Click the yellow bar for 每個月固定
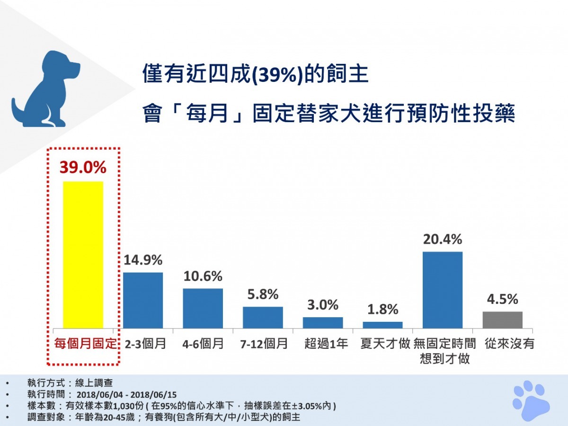pyautogui.click(x=83, y=255)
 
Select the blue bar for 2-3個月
pyautogui.click(x=143, y=300)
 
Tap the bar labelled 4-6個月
pyautogui.click(x=203, y=308)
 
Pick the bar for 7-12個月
pyautogui.click(x=263, y=318)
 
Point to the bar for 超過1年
pyautogui.click(x=323, y=323)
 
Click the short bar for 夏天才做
pyautogui.click(x=382, y=325)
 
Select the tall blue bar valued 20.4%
pyautogui.click(x=442, y=290)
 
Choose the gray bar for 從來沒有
pyautogui.click(x=502, y=320)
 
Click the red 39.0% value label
pyautogui.click(x=83, y=167)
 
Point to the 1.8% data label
pyautogui.click(x=382, y=309)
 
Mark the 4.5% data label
pyautogui.click(x=502, y=299)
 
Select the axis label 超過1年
pyautogui.click(x=326, y=343)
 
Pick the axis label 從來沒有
pyautogui.click(x=509, y=343)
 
